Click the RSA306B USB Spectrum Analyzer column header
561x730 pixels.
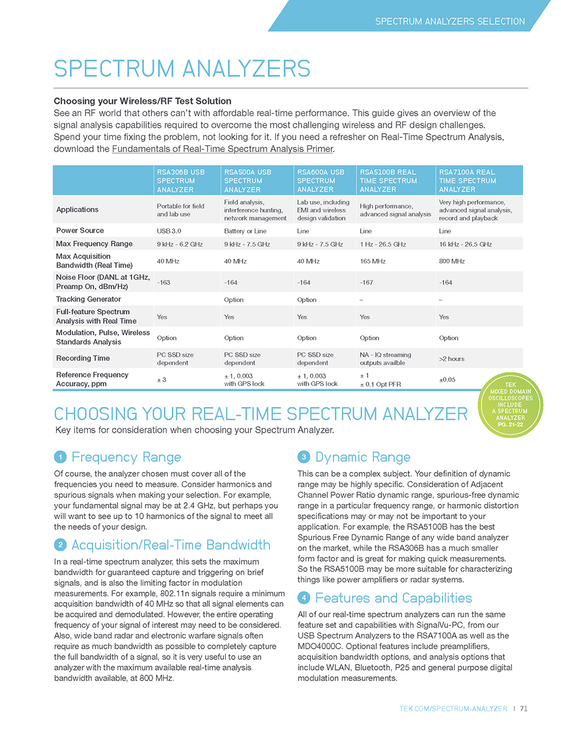181,180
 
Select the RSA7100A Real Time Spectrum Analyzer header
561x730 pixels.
467,180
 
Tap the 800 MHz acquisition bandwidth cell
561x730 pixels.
452,261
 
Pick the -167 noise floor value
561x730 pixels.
366,283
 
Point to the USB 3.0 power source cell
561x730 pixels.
169,231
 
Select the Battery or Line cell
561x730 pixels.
245,231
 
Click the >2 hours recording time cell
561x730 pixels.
452,359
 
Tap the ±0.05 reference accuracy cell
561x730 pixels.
447,380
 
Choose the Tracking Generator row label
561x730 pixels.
89,299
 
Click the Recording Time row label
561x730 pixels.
83,358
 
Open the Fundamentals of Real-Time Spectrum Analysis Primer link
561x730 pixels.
222,149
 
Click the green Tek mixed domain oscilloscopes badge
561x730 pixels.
511,405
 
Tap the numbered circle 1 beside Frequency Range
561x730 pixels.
61,457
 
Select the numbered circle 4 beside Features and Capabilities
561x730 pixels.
304,597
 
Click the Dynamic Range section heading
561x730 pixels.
362,457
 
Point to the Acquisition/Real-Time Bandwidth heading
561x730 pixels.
171,545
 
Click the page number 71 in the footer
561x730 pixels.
524,708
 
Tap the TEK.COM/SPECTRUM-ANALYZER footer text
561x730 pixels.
453,708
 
